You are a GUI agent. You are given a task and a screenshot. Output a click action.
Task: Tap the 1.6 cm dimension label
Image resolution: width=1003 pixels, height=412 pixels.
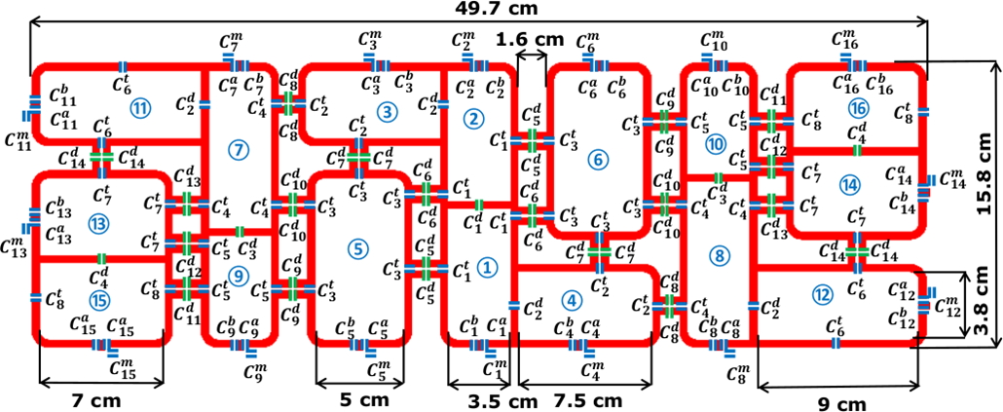pyautogui.click(x=531, y=39)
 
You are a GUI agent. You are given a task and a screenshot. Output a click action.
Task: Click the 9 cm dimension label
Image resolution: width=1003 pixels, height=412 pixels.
pyautogui.click(x=839, y=401)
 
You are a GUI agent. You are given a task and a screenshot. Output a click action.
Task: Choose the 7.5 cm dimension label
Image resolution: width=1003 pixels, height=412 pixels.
pyautogui.click(x=582, y=399)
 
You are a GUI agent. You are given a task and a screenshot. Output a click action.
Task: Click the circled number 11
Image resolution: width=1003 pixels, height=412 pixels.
pyautogui.click(x=141, y=109)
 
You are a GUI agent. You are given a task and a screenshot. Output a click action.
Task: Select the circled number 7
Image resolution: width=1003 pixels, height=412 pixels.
pyautogui.click(x=238, y=149)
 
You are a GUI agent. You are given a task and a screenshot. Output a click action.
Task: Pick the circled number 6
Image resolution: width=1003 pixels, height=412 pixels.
pyautogui.click(x=598, y=158)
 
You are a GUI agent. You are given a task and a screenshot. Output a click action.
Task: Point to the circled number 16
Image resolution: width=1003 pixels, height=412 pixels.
pyautogui.click(x=857, y=106)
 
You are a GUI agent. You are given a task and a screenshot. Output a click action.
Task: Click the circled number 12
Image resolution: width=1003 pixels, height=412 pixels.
pyautogui.click(x=824, y=293)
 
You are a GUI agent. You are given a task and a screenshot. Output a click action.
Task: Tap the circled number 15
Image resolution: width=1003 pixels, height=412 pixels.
pyautogui.click(x=97, y=298)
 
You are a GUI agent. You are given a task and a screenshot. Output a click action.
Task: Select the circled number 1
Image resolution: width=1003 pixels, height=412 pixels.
pyautogui.click(x=488, y=264)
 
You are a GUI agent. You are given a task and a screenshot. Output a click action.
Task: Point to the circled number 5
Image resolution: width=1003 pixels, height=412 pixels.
pyautogui.click(x=360, y=248)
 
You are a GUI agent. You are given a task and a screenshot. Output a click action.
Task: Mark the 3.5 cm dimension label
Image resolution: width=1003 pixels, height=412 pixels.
pyautogui.click(x=480, y=399)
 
